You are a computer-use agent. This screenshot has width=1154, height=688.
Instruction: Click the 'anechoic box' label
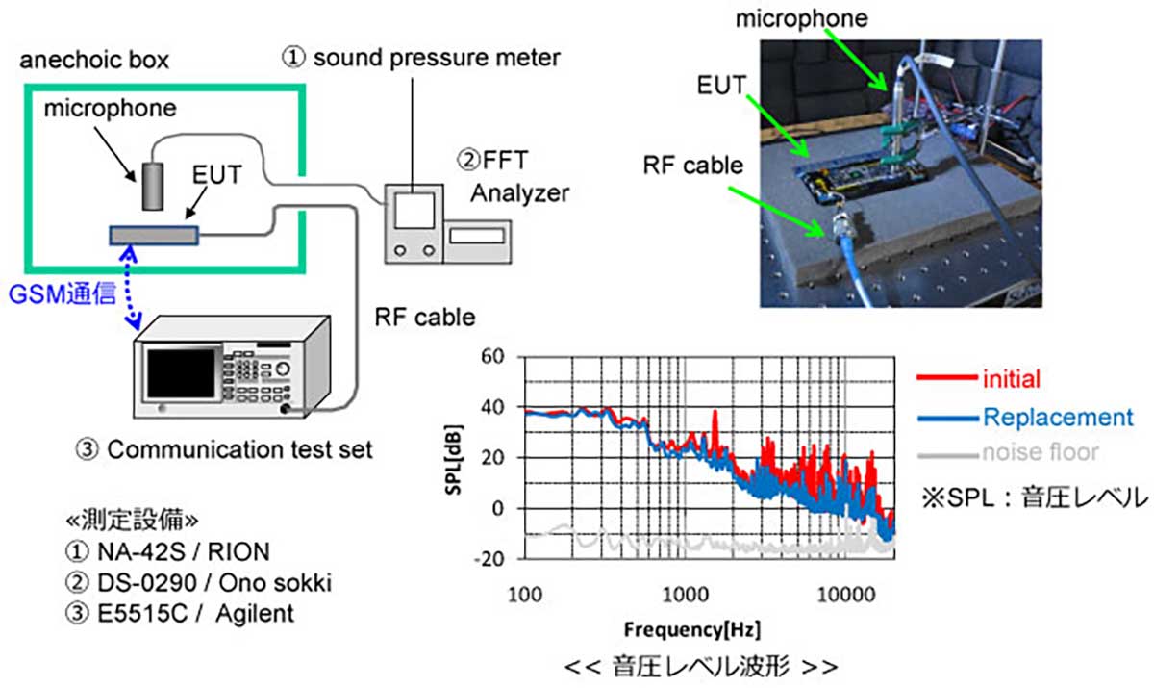pos(95,60)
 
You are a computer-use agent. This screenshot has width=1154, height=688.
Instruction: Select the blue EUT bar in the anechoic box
pos(153,235)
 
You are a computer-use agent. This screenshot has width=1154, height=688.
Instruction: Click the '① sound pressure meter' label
pos(421,57)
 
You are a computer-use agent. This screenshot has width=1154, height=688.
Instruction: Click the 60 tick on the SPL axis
pos(491,357)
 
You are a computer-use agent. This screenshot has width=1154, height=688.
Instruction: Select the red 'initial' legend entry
pos(1011,379)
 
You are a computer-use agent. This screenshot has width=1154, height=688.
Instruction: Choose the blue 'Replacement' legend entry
pos(1058,418)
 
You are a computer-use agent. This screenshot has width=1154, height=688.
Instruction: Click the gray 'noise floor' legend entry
pos(1040,452)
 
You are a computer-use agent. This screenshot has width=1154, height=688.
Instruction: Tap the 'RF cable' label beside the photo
pos(694,165)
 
